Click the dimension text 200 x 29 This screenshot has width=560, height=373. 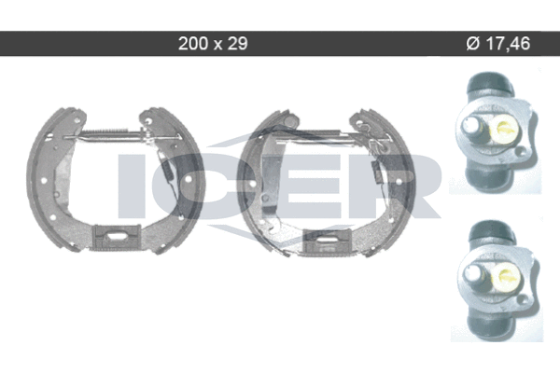point(213,44)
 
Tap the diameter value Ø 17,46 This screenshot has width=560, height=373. point(498,44)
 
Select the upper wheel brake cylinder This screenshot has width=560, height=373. point(497,132)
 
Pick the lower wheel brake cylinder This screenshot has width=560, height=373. point(498,280)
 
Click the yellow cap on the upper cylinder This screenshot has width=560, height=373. point(505,129)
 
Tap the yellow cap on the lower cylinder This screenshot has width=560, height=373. point(507,277)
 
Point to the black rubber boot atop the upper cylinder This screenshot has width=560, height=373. point(490,83)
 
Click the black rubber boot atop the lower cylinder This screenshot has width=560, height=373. point(492,231)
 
